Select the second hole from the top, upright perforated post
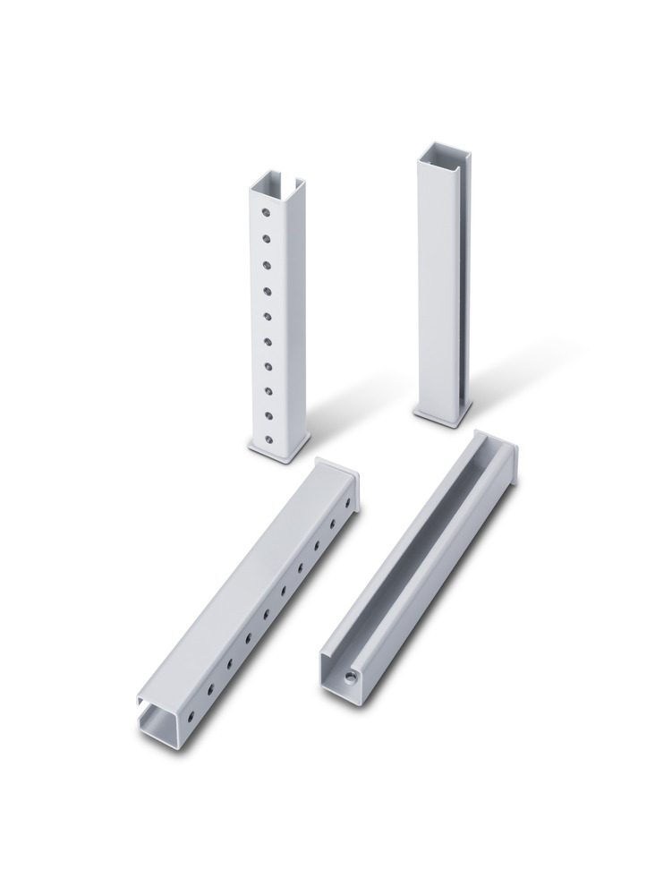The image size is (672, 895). point(267,239)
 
